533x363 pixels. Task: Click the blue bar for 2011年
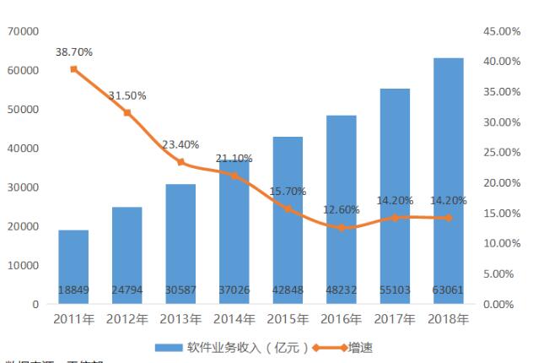73,266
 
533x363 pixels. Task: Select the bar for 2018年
449,181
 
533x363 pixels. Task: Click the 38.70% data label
74,52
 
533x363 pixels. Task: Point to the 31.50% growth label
127,96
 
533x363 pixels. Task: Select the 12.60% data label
342,209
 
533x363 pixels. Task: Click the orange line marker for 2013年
180,162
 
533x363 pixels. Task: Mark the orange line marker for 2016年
342,228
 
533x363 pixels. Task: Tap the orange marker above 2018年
449,218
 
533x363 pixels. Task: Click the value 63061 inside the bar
449,290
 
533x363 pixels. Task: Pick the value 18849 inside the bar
73,290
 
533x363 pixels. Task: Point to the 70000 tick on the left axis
24,31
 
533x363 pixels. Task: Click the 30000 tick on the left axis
24,187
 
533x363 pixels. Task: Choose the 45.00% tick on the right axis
504,31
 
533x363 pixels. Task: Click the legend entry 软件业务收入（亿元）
239,347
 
